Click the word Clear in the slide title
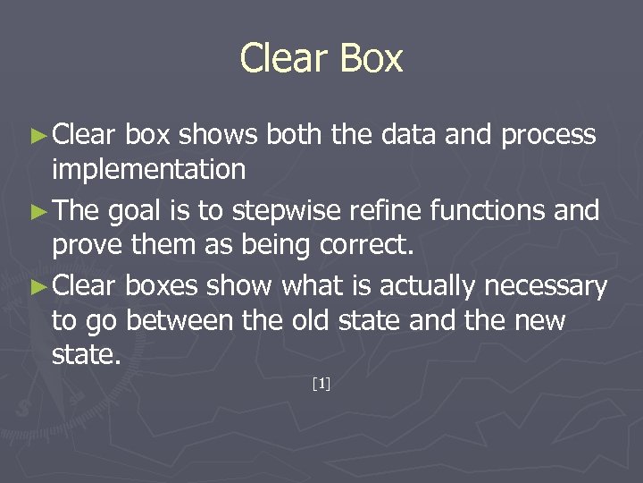tap(280, 59)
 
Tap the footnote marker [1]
tap(321, 385)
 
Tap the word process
tap(549, 136)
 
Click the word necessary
tap(546, 286)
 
